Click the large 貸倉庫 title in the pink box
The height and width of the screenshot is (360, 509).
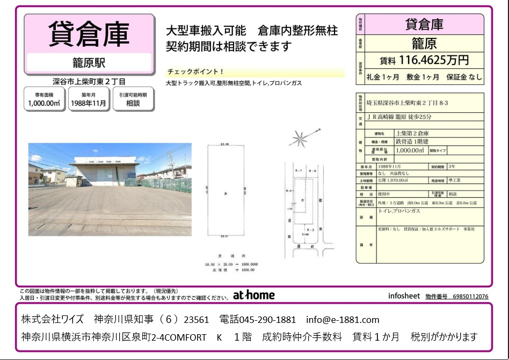89,33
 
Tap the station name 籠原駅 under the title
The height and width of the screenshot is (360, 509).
89,63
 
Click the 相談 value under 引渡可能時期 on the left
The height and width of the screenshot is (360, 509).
133,103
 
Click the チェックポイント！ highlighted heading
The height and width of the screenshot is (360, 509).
195,72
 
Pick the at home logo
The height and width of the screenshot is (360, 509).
253,295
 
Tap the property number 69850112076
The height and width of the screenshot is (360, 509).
470,296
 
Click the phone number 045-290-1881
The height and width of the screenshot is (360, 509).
258,320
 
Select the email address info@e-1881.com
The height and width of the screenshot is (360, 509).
343,320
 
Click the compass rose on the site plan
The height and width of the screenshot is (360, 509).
299,139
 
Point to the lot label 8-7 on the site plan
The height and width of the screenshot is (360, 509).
300,170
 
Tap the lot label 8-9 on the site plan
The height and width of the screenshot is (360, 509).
313,170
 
